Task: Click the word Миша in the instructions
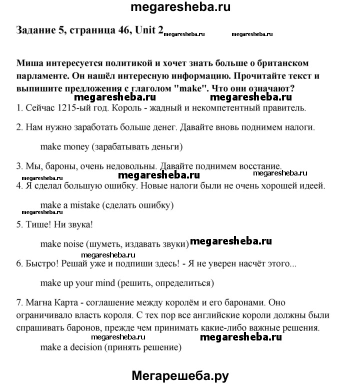(30, 64)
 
